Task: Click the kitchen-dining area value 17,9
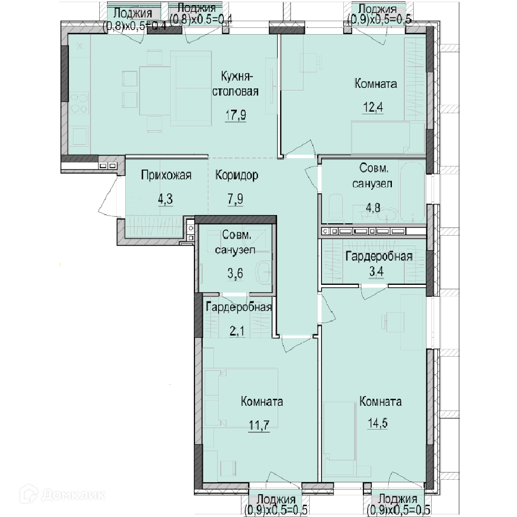coord(236,115)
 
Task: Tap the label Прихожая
coord(166,175)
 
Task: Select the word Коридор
coord(237,175)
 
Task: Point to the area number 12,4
coord(373,107)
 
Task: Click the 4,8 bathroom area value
coord(373,208)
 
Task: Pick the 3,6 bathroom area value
coord(235,273)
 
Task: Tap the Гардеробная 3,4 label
coord(379,264)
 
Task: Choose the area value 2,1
coord(237,331)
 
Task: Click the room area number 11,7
coord(259,425)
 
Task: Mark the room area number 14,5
coord(378,423)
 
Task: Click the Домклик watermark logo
coord(63,495)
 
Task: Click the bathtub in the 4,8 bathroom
coord(412,191)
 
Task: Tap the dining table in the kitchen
coord(155,90)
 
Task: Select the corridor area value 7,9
coord(235,199)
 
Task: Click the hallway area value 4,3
coord(165,199)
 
